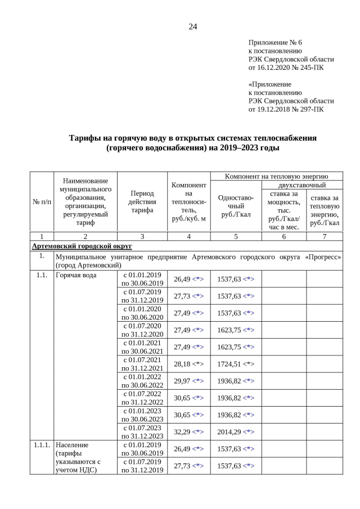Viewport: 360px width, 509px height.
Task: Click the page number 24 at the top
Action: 192,26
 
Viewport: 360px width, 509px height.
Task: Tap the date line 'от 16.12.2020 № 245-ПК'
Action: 286,67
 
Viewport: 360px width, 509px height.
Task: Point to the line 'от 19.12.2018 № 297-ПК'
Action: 286,109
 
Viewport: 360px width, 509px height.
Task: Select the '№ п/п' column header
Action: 42,201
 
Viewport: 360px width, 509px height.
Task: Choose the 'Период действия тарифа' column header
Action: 142,201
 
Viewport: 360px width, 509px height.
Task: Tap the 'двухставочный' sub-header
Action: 301,184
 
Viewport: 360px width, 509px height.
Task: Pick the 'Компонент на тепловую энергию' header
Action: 276,177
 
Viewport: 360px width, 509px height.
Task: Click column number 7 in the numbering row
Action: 325,236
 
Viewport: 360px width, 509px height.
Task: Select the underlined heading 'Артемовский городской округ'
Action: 82,246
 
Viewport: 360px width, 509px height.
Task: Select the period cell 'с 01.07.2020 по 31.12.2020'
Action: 142,330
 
